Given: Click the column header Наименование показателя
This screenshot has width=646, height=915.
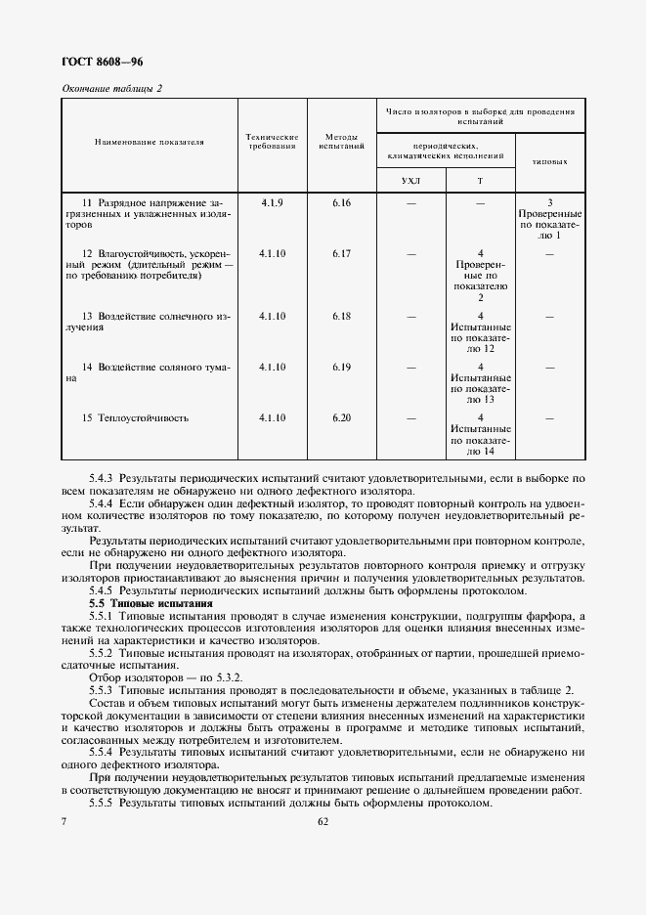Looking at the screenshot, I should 149,142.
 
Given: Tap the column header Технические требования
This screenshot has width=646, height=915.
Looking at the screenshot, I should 272,142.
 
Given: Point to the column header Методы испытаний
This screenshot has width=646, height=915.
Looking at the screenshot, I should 341,142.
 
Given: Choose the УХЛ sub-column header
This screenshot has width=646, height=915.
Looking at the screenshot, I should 410,182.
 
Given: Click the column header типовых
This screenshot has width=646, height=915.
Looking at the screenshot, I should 550,161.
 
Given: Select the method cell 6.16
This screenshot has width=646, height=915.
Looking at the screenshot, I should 341,202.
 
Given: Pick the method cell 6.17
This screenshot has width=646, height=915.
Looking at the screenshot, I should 341,254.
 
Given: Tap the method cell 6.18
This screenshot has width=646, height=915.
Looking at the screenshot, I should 341,316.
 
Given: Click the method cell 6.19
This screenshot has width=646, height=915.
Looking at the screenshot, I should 341,367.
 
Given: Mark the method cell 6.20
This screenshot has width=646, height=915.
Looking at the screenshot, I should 341,418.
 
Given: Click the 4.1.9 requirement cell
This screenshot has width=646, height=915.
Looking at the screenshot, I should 272,202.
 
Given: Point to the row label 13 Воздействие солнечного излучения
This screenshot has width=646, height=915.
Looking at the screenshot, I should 149,322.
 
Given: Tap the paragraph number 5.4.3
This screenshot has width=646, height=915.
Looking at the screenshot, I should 101,478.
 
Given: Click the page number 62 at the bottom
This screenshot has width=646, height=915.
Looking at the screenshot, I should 323,822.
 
